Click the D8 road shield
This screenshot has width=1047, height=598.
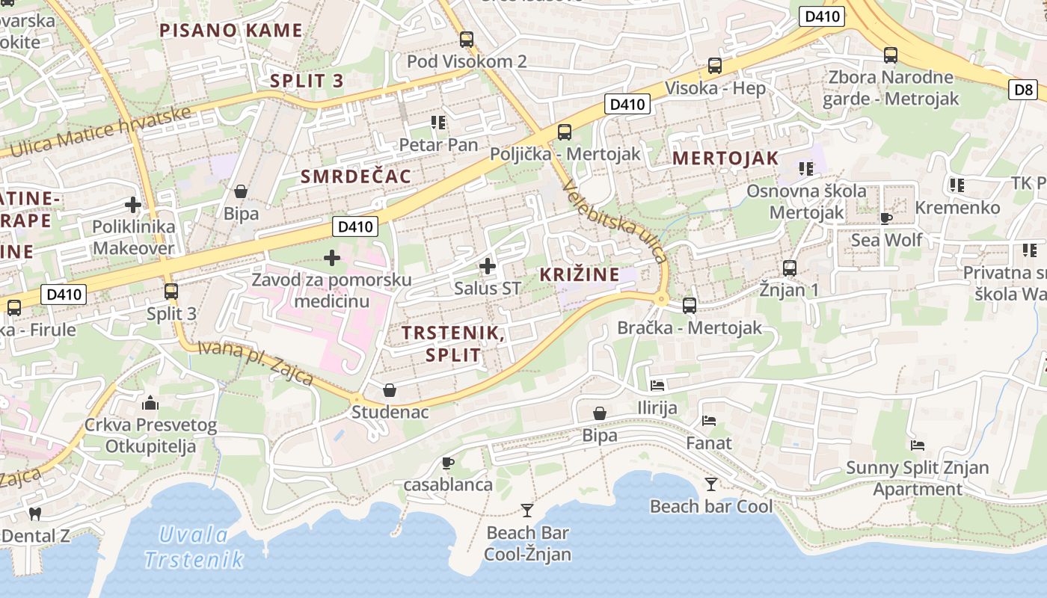(1024, 90)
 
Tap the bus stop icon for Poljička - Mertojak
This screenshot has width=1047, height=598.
(565, 132)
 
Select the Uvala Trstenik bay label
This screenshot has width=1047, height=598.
(194, 547)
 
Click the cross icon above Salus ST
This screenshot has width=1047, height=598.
(488, 265)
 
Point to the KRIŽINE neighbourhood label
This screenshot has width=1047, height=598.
(580, 274)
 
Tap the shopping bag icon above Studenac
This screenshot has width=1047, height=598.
(390, 390)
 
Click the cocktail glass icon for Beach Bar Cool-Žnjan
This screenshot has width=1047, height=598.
(527, 511)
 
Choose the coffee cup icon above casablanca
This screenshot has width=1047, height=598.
(448, 463)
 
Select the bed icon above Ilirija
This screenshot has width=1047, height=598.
(657, 386)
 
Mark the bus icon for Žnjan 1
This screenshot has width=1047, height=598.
(790, 268)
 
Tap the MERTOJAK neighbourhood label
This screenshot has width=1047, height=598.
(725, 158)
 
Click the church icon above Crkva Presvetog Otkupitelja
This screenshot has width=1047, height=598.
(150, 404)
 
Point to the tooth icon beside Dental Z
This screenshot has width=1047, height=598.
(34, 514)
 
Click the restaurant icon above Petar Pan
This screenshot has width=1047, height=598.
(438, 122)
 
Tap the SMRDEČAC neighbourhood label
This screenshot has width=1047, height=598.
(356, 176)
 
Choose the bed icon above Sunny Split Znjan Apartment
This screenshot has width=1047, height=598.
(918, 446)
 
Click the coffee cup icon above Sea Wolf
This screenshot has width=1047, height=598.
(886, 218)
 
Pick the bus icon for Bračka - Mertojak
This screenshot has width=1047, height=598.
(690, 305)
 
